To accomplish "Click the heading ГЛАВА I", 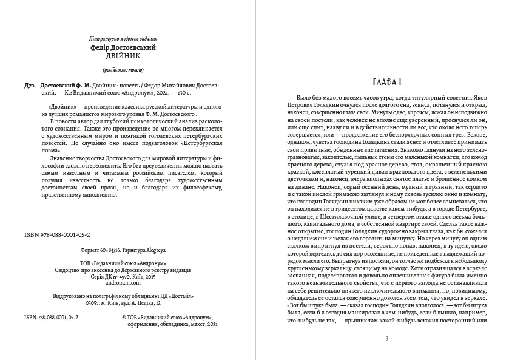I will click(386, 81).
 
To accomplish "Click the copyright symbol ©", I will click(124, 316).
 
